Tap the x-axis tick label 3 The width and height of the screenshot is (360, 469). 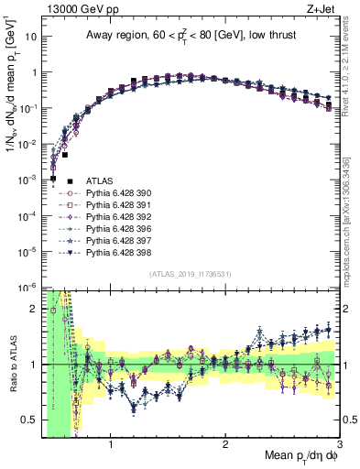pyautogui.click(x=339, y=446)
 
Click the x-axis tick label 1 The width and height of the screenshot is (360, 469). pyautogui.click(x=111, y=446)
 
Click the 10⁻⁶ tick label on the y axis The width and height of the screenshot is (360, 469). pyautogui.click(x=27, y=287)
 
